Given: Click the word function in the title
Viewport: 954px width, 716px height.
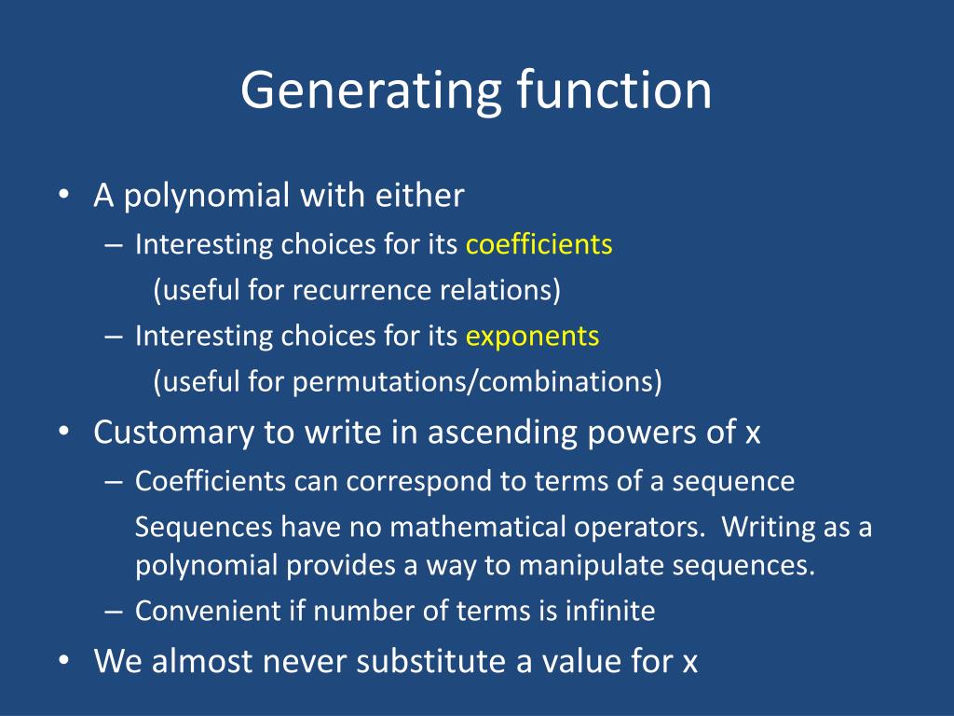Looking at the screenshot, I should click(613, 89).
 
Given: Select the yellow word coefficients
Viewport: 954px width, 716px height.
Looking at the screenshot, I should click(538, 245).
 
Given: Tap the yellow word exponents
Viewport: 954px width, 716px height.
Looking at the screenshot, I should click(532, 337).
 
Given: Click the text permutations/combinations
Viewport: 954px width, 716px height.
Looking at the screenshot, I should click(477, 382).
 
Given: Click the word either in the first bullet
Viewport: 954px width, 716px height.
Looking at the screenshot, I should click(420, 196).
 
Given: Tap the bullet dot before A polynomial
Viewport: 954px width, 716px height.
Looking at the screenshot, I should click(63, 197).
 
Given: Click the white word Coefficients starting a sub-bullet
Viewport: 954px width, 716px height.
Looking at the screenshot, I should click(210, 482).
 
